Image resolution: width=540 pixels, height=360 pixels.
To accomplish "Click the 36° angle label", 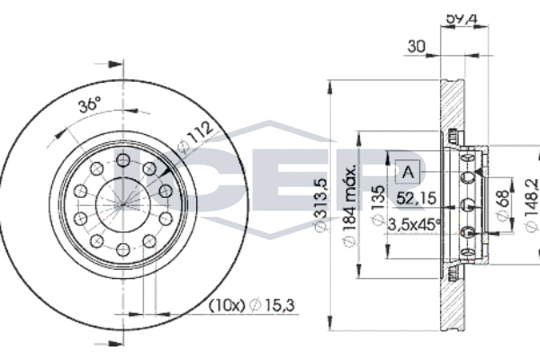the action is coord(89,105).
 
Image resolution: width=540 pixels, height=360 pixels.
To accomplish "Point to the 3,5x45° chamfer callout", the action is coord(413,223).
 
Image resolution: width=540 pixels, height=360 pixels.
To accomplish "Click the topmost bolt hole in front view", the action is coord(121,159).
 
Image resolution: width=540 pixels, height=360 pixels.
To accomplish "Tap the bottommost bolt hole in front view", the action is coord(121,248).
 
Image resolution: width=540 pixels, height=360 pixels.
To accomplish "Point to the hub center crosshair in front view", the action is coord(121,203).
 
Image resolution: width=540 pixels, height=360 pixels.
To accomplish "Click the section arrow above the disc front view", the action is coord(112,64).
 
